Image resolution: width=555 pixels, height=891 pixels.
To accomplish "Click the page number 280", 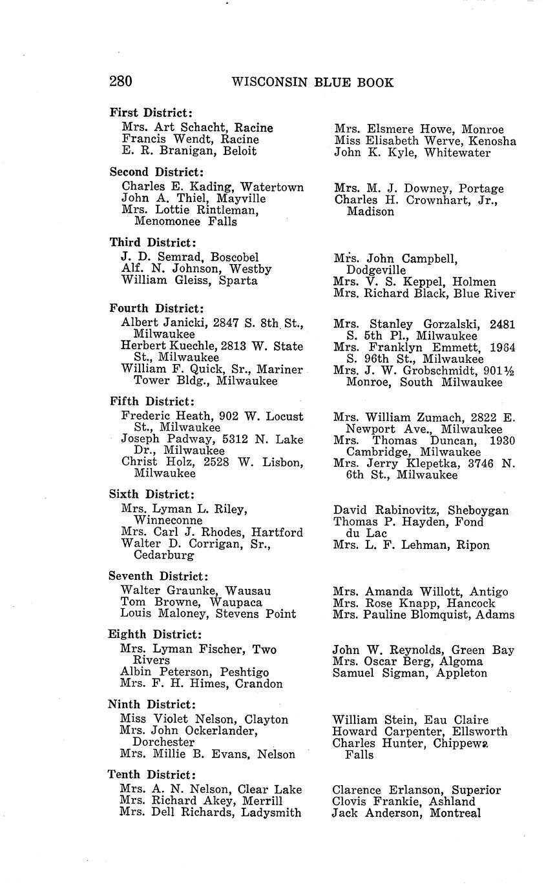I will pos(121,81).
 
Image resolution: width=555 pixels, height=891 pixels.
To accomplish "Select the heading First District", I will pos(151,113).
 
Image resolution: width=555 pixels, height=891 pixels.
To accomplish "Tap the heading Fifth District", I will pos(151,402).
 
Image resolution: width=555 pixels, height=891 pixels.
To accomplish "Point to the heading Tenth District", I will pos(151,774).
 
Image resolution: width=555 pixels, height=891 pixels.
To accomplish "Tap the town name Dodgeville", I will pos(376,270).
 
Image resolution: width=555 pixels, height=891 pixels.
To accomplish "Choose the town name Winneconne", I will pos(168,520).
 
